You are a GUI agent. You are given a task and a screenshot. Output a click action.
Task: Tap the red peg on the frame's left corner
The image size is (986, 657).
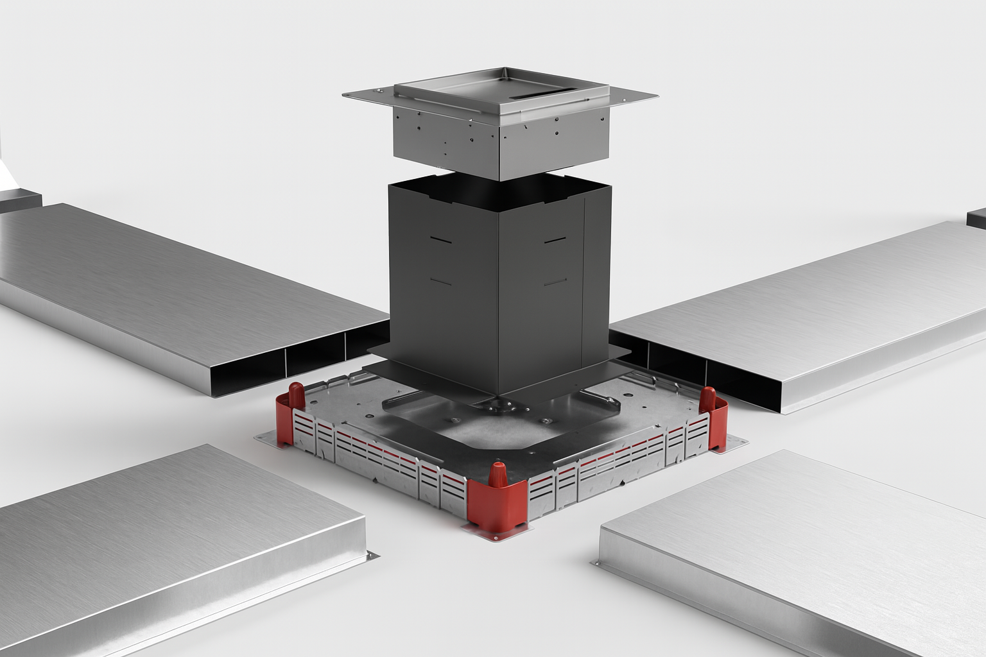click(x=296, y=394)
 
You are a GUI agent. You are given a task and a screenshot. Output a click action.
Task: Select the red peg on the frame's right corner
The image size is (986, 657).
click(x=707, y=398)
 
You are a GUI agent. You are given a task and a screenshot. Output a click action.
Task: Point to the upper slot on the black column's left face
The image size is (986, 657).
click(x=441, y=241)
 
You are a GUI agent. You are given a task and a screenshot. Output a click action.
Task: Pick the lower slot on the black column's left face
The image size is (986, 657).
click(x=441, y=282)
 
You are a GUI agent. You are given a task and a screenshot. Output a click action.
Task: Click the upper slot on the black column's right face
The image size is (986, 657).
click(x=554, y=241)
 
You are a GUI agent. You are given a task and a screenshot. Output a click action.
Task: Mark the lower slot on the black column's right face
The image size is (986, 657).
click(x=554, y=282)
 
